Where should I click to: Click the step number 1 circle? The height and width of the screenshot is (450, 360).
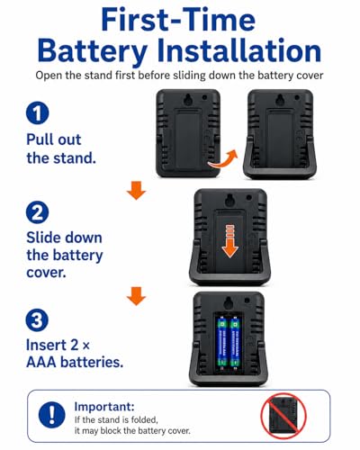click(x=38, y=113)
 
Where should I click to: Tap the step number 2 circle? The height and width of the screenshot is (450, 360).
click(x=38, y=212)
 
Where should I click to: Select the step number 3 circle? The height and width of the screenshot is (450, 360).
click(x=38, y=319)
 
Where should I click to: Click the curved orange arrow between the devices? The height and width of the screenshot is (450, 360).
click(x=223, y=159)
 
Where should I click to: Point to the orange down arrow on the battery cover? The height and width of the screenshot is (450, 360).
click(x=230, y=241)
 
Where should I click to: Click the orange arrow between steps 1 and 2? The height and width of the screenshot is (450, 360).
click(x=136, y=191)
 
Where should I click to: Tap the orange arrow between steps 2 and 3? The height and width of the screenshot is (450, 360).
click(x=136, y=296)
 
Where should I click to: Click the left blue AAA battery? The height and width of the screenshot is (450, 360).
click(x=222, y=342)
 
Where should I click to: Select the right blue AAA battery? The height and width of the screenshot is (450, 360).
click(x=236, y=342)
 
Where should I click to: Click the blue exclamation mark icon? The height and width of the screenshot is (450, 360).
click(x=52, y=415)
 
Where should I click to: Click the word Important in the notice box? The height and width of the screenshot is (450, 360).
click(x=104, y=407)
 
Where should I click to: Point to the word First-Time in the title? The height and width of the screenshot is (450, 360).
click(x=178, y=20)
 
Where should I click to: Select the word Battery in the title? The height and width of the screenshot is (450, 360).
click(x=93, y=52)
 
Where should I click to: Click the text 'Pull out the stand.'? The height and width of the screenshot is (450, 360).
click(x=61, y=149)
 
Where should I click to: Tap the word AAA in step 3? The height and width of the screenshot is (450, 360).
click(x=41, y=363)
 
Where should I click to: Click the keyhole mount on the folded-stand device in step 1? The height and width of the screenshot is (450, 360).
click(x=189, y=99)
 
